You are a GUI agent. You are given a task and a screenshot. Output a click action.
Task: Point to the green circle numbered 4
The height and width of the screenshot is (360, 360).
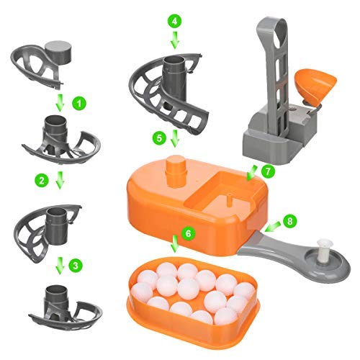coord(174,21)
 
